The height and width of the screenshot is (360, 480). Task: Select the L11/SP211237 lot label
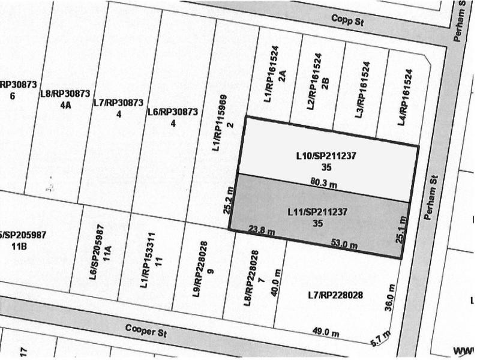coord(318,212)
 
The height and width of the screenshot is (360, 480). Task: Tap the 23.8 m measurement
coord(262,230)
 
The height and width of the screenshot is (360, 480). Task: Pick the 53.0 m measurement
coord(344,244)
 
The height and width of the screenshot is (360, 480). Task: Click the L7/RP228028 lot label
coord(335,294)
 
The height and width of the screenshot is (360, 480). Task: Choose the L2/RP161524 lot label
coord(313,79)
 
